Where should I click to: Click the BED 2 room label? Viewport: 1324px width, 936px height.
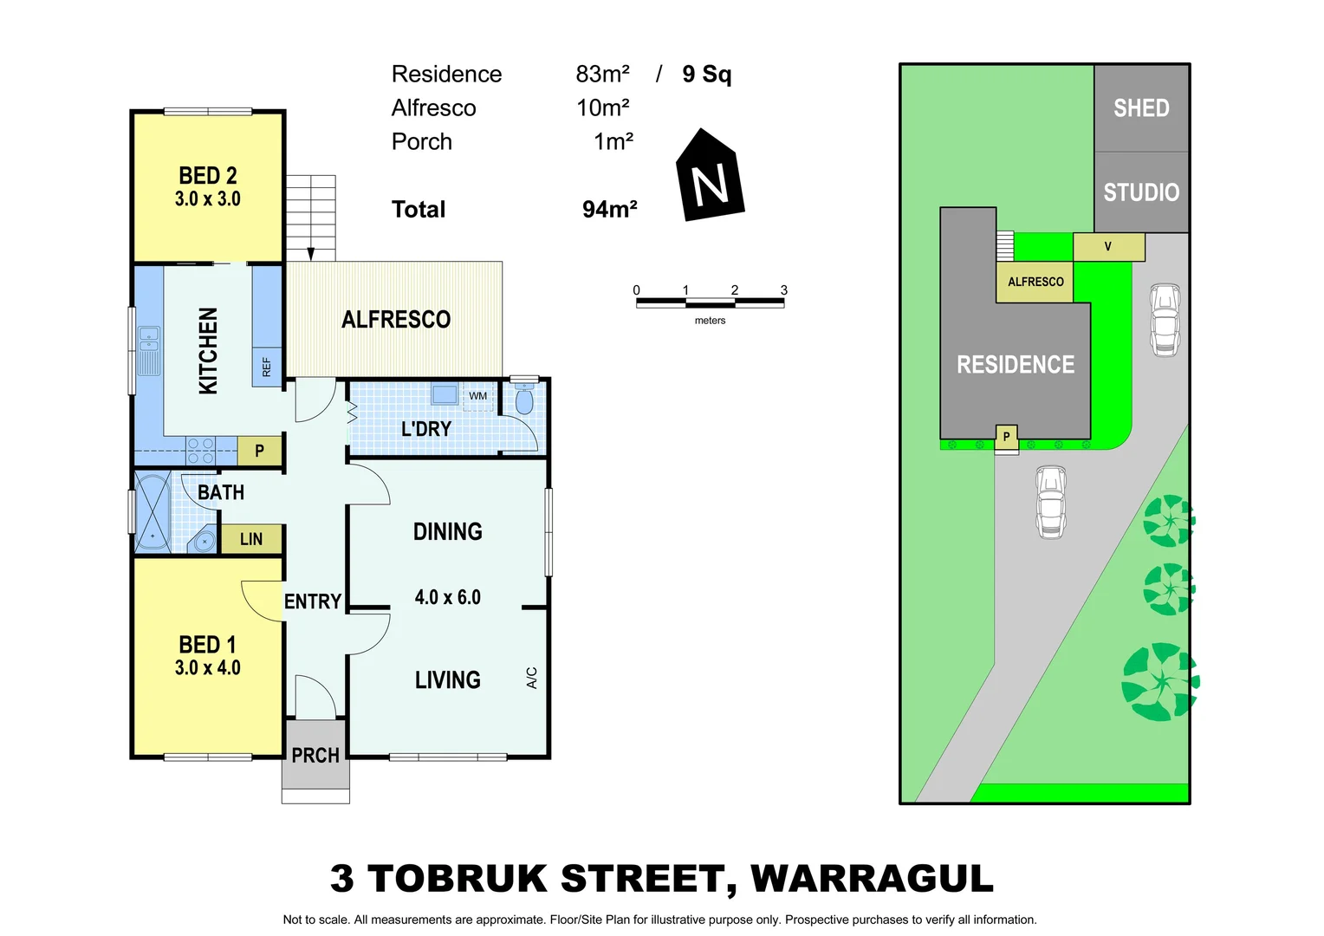(x=207, y=176)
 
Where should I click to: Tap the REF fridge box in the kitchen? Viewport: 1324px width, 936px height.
(x=267, y=367)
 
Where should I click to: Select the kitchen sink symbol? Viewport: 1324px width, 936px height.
(x=150, y=350)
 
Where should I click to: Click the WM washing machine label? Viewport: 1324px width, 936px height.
(x=477, y=396)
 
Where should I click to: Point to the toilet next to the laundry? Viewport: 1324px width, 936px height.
(x=524, y=401)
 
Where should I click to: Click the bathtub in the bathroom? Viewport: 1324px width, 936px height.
(x=153, y=513)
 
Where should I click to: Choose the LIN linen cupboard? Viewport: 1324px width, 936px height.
(x=251, y=539)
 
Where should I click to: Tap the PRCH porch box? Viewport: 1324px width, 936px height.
(x=315, y=755)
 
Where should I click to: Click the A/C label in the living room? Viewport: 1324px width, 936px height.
(x=532, y=678)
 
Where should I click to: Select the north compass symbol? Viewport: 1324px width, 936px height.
(x=710, y=177)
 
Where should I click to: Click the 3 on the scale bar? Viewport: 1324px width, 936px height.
(x=783, y=290)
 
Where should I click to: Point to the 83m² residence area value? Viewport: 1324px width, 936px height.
(x=602, y=75)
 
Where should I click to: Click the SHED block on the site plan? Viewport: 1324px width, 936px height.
(x=1141, y=108)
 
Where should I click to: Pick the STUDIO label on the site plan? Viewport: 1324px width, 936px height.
(x=1141, y=192)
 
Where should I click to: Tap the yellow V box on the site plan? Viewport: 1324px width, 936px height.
(x=1108, y=247)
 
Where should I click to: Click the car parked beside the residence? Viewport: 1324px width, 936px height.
(x=1165, y=319)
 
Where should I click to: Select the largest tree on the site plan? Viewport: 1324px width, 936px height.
(x=1159, y=681)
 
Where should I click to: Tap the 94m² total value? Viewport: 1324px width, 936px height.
(x=610, y=210)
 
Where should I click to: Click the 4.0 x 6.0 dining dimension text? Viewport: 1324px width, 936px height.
(x=447, y=597)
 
